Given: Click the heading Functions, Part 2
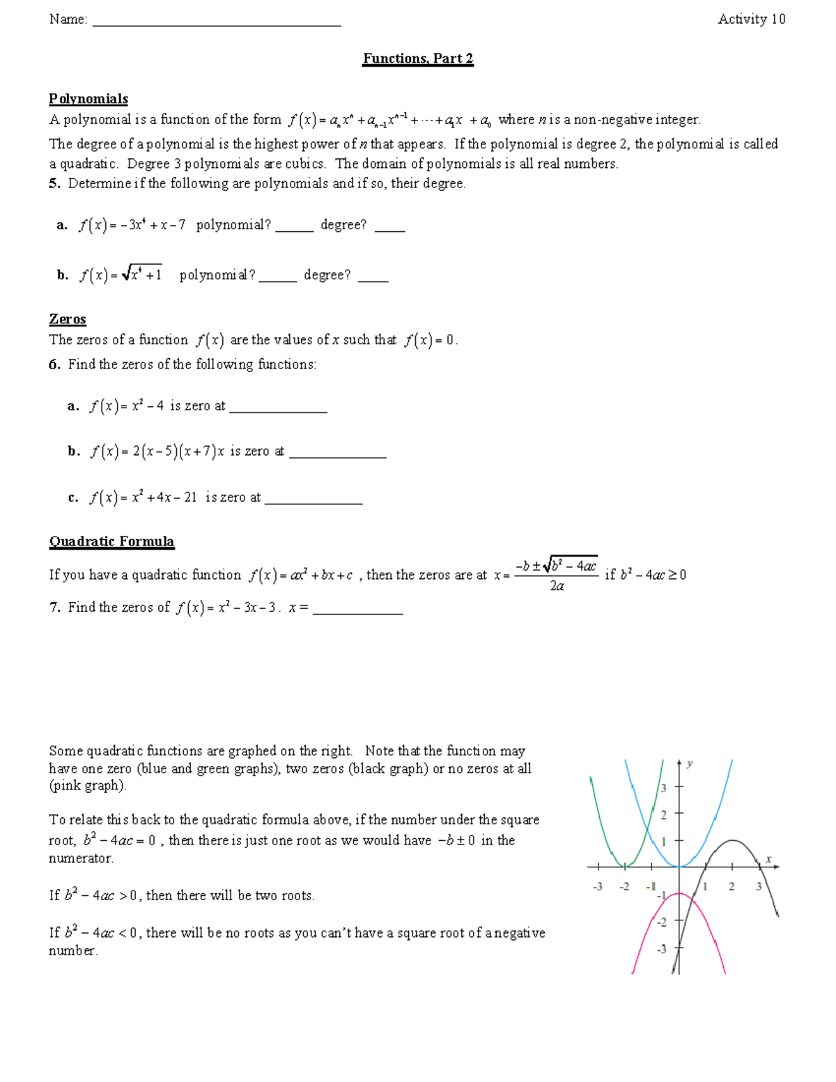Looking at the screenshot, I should pyautogui.click(x=418, y=59).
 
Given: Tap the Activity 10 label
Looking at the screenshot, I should pyautogui.click(x=751, y=20).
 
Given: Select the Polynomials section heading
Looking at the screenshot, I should pyautogui.click(x=88, y=99).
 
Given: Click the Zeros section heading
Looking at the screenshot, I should pyautogui.click(x=68, y=319).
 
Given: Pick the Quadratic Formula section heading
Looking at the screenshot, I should pyautogui.click(x=111, y=541).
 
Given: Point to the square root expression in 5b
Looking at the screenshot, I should pyautogui.click(x=141, y=275).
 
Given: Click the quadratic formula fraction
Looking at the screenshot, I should pyautogui.click(x=556, y=575).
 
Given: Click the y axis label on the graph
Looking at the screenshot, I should pyautogui.click(x=690, y=764).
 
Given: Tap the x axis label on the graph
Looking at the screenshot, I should pyautogui.click(x=768, y=859).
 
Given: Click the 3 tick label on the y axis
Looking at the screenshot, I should pyautogui.click(x=663, y=788).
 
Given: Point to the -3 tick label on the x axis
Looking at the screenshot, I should pyautogui.click(x=597, y=887).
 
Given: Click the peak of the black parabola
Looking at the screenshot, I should pyautogui.click(x=732, y=840).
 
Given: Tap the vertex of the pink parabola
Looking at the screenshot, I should pyautogui.click(x=679, y=893).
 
